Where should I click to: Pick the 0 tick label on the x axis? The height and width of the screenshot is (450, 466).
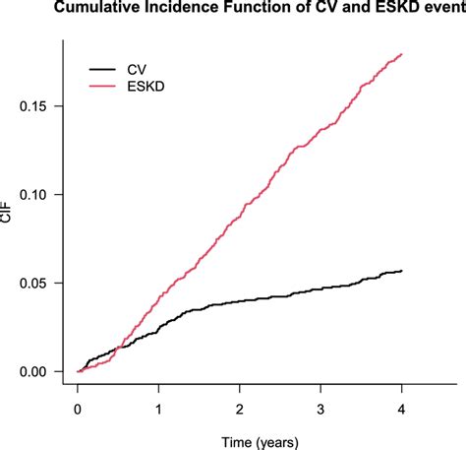[79, 406]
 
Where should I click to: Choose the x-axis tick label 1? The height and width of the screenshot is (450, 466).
[159, 406]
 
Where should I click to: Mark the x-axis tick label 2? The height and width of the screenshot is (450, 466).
[240, 406]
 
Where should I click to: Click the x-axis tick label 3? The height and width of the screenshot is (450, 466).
[320, 406]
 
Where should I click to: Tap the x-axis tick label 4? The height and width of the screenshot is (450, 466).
[401, 406]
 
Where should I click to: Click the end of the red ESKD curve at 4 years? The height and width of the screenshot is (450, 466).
[401, 54]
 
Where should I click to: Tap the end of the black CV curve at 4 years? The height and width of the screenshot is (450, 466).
[401, 271]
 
